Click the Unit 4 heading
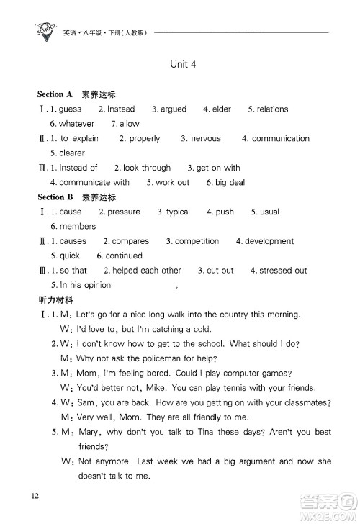[184, 63]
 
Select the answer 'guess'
[70, 109]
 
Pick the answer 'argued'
[173, 109]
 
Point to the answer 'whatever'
[76, 124]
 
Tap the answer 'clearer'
[68, 153]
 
